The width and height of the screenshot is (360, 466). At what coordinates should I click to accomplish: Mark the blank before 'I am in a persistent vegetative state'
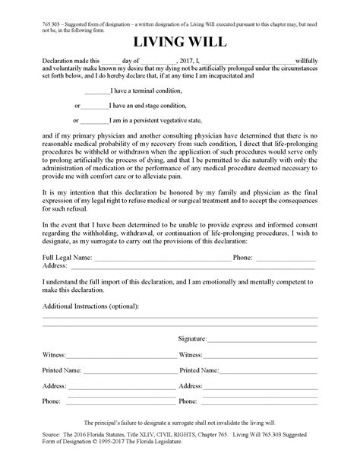(x=94, y=120)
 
